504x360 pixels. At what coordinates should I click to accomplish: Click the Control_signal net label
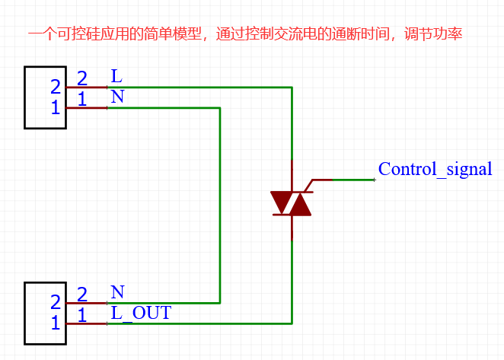coord(435,169)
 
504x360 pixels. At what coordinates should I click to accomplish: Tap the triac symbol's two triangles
coord(292,203)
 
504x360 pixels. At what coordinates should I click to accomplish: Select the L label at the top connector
coord(116,76)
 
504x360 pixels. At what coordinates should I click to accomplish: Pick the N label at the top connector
coord(117,97)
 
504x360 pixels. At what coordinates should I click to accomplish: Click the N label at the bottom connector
coord(117,292)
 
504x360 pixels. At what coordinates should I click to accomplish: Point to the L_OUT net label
coord(141,313)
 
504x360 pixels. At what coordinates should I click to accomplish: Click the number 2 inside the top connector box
coord(55,86)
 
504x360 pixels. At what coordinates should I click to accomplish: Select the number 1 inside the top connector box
coord(55,107)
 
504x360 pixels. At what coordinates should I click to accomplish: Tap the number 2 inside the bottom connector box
coord(55,302)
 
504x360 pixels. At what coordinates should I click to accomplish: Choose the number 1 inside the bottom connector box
coord(55,323)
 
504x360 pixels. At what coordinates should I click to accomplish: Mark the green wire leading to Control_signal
coord(353,180)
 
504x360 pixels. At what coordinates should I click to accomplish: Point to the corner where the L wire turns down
coord(292,88)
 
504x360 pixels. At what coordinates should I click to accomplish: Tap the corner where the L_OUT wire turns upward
coord(292,323)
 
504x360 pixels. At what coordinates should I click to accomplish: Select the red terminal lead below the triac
coord(292,228)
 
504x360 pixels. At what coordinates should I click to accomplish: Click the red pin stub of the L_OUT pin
coord(87,323)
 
